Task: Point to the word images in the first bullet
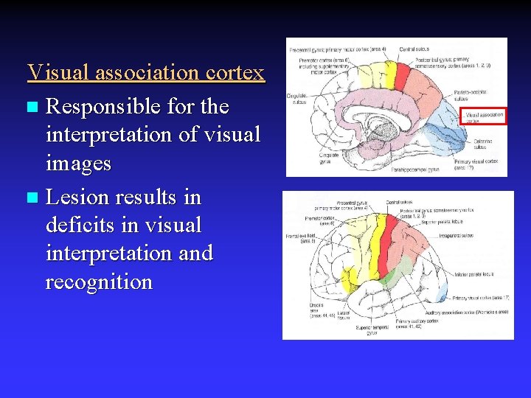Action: coord(78,163)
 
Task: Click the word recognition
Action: coord(99,282)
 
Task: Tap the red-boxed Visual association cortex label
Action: coord(485,116)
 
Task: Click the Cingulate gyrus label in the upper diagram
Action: coord(330,158)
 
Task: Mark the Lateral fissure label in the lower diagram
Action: coord(344,315)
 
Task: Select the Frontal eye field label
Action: coord(302,239)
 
